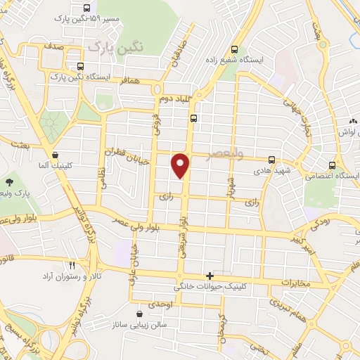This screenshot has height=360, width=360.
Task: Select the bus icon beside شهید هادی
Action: tap(272, 160)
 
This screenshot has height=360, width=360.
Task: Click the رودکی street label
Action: tap(318, 224)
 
